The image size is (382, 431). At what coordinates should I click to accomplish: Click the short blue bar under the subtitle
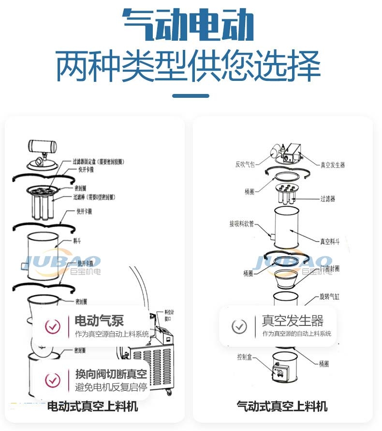[191, 96]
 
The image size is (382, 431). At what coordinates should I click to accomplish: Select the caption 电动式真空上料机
[92, 406]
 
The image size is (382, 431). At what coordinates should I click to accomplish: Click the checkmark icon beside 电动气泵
[53, 326]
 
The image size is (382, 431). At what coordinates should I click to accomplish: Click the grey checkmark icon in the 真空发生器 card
[239, 326]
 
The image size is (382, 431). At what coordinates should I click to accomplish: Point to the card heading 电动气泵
[100, 320]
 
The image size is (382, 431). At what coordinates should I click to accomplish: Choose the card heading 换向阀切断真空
[111, 374]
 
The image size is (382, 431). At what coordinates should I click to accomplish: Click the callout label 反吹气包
[245, 165]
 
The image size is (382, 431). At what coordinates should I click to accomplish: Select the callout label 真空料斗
[330, 241]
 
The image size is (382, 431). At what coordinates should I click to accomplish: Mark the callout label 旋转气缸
[330, 296]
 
